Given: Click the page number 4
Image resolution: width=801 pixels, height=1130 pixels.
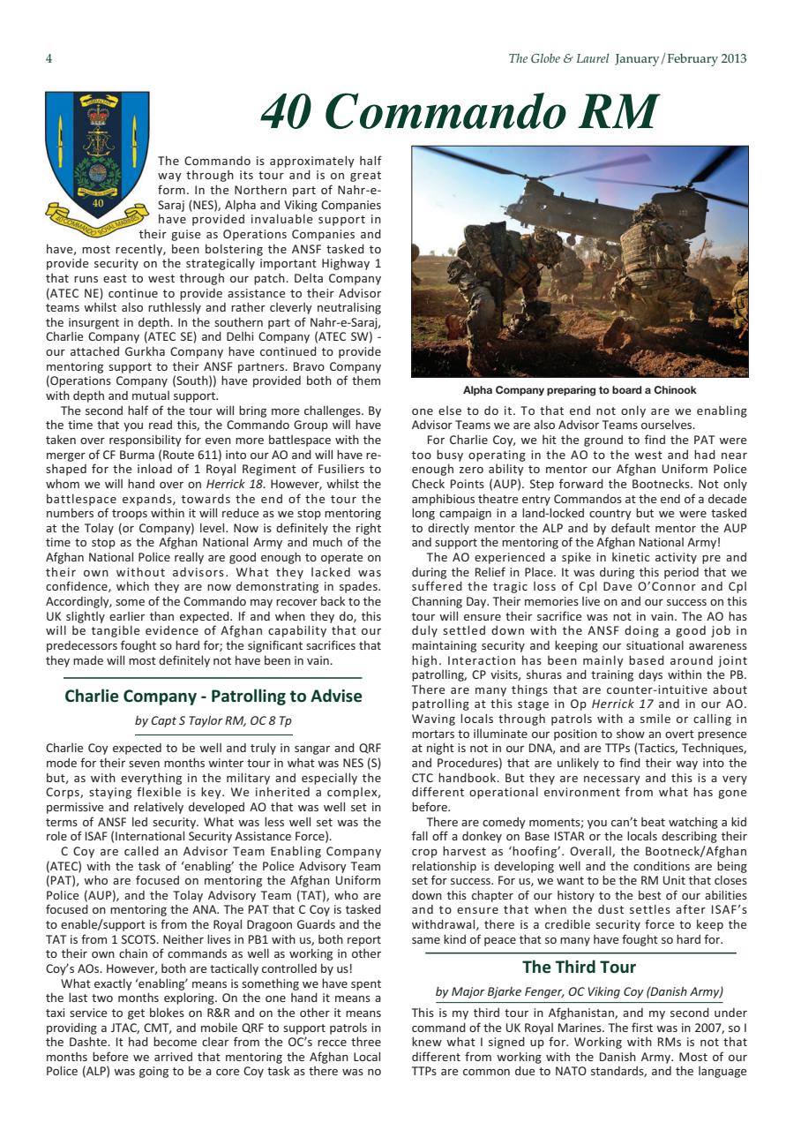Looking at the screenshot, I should point(49,59).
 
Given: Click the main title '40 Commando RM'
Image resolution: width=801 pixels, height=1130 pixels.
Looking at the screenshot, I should point(459,112).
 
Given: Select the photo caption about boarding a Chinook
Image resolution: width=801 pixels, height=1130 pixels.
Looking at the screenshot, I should point(579,389).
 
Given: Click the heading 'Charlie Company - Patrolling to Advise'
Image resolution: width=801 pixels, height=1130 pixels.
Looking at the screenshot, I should point(213,696).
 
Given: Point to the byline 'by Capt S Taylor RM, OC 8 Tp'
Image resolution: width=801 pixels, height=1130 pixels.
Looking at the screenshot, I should point(213,721).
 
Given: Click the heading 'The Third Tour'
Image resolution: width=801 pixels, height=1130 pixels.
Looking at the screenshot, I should point(579,967).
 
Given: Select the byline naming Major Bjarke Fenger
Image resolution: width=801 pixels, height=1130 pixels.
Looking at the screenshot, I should point(579,991).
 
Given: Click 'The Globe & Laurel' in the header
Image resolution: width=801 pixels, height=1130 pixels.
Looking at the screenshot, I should point(558,59).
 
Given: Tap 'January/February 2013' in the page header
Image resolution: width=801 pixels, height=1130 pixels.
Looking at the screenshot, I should point(681,59).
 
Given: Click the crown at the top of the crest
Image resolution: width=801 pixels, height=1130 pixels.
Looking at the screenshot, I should point(96,113).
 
